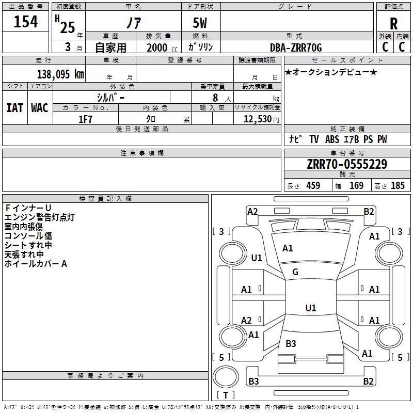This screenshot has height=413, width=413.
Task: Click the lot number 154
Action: [x=25, y=22]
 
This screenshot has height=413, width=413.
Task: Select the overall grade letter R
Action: [x=393, y=23]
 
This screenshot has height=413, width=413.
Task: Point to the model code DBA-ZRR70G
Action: [x=296, y=47]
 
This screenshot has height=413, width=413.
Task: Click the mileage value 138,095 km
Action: [x=60, y=74]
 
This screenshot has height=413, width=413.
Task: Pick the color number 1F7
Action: [x=85, y=119]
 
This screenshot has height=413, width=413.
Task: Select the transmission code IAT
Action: [x=14, y=107]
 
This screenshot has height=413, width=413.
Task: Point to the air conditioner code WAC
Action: [x=40, y=107]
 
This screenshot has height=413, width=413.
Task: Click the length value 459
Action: [x=313, y=185]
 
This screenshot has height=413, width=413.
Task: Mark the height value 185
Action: [x=398, y=185]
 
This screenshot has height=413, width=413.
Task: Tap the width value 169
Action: [x=356, y=185]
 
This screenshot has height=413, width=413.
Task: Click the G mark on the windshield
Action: [x=295, y=272]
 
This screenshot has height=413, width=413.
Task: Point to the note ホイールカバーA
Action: [x=36, y=264]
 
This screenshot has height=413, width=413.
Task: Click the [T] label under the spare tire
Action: [x=226, y=395]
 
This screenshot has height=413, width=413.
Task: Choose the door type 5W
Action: [x=201, y=23]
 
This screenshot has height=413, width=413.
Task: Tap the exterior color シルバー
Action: [x=110, y=97]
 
